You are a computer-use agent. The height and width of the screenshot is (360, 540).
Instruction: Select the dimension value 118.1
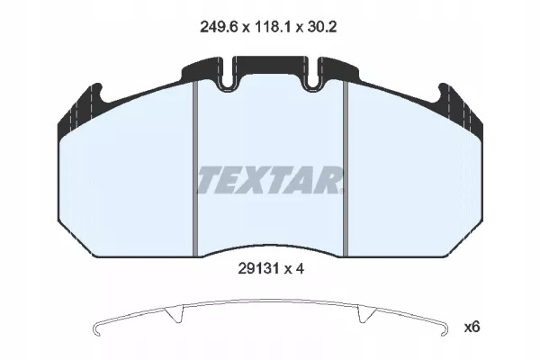tap(272, 27)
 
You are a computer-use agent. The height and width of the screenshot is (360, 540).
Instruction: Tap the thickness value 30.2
tap(321, 27)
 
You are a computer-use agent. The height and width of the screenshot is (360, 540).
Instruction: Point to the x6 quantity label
tap(472, 328)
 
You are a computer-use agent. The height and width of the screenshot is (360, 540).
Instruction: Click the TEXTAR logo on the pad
tap(270, 180)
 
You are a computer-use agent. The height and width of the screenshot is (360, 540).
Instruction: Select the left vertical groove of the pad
tap(195, 169)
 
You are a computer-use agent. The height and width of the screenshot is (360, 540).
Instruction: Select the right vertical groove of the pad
tap(346, 169)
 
